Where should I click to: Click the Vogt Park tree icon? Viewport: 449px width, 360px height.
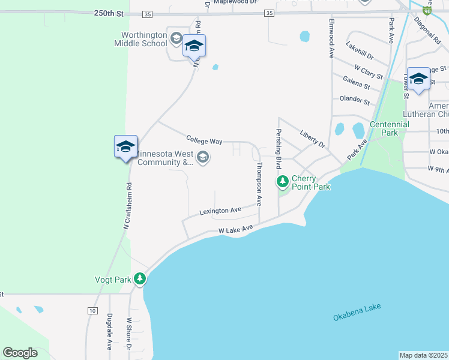click(x=140, y=278)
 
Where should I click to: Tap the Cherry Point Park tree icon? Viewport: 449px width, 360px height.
click(x=282, y=181)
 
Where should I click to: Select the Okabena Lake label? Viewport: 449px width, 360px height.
click(x=357, y=312)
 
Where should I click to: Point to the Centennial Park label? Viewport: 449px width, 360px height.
click(x=389, y=128)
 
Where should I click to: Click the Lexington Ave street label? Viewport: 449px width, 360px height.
click(x=220, y=211)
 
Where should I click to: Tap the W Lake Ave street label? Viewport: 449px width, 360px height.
click(x=236, y=229)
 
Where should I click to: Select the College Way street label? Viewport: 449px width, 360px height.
click(x=204, y=141)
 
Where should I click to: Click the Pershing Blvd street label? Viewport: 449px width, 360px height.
click(x=278, y=148)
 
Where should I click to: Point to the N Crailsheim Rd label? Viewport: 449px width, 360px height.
click(x=127, y=204)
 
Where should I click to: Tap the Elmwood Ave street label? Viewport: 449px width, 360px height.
click(x=331, y=38)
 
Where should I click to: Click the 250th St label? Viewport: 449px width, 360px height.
click(x=108, y=13)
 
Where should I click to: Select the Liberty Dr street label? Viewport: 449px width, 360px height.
click(x=312, y=140)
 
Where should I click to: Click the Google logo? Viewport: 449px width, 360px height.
click(x=20, y=353)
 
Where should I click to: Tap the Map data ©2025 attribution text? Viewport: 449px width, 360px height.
click(x=423, y=355)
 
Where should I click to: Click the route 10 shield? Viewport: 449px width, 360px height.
click(x=92, y=310)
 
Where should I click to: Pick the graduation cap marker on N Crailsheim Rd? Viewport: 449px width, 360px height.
click(x=125, y=148)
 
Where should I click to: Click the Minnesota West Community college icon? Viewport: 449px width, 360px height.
click(x=203, y=158)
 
